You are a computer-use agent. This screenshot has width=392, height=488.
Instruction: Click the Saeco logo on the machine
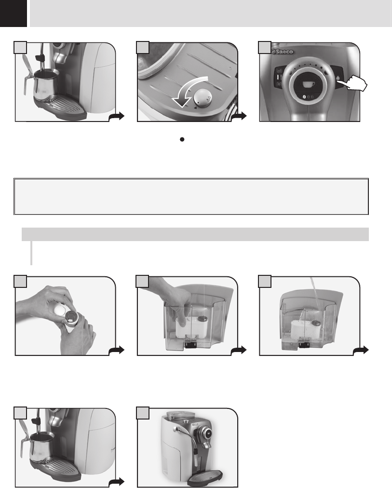(283, 51)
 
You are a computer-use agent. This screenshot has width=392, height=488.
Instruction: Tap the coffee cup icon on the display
(308, 84)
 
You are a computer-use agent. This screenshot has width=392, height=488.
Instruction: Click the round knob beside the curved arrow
(203, 98)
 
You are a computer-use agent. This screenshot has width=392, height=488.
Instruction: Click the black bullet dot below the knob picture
(182, 139)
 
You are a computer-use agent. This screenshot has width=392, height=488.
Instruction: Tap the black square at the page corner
(14, 14)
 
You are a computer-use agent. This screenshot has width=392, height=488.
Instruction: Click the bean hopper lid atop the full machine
(177, 415)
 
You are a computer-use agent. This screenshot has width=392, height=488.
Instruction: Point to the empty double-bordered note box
(191, 196)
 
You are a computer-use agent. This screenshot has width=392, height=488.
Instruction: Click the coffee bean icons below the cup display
(308, 97)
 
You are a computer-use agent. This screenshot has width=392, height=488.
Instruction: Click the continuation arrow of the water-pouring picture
(361, 351)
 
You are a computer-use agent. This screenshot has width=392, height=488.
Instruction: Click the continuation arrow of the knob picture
(239, 116)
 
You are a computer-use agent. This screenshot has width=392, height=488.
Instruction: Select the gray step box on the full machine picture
(143, 413)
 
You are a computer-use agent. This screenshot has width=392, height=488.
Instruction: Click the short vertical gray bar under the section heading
(31, 253)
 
